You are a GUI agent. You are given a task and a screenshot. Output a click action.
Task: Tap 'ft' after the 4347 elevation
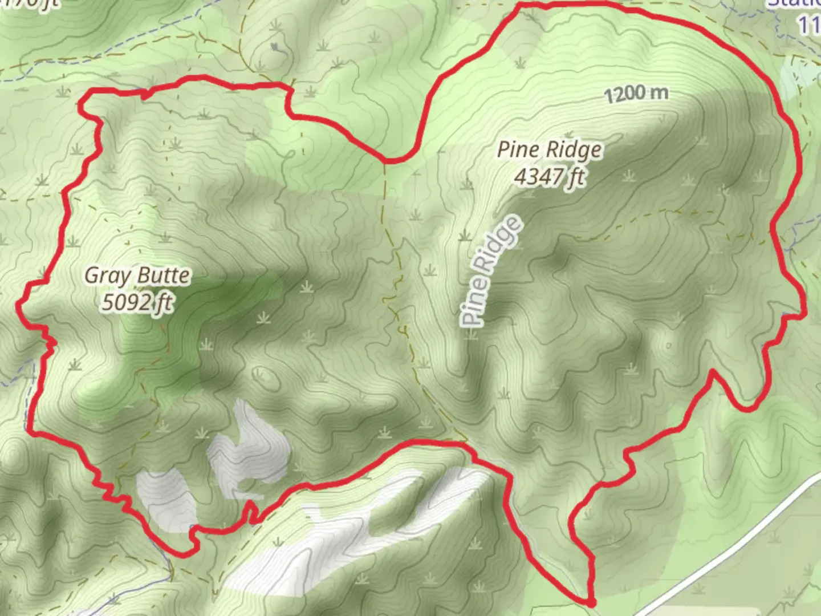(x=575, y=177)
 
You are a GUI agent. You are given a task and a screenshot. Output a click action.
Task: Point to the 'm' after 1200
(x=659, y=92)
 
